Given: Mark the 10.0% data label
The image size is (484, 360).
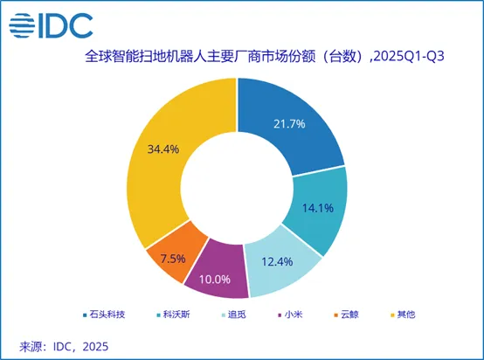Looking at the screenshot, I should click(x=214, y=279).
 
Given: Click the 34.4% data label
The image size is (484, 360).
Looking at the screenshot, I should click(x=162, y=149).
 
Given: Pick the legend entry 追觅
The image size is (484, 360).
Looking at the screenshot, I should click(x=230, y=314).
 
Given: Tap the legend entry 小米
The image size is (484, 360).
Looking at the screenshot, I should click(x=281, y=314).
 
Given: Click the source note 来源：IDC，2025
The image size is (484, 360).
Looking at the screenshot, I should click(x=66, y=346).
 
